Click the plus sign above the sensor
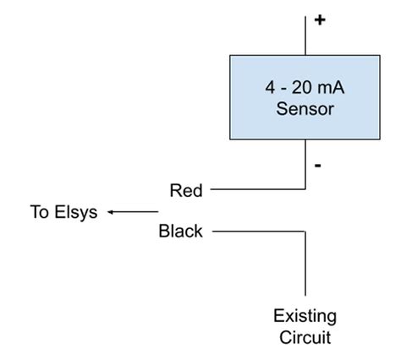point(319,20)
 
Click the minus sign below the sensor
point(317,166)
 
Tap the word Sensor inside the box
point(304,109)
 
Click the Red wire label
point(186,190)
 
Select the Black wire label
point(181,231)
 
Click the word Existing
point(305,316)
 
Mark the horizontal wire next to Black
point(254,231)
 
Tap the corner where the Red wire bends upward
point(305,190)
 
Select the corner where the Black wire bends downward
point(305,231)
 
